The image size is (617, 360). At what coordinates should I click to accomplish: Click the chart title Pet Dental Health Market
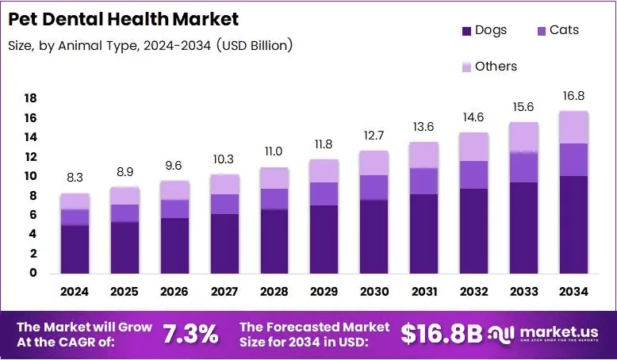pos(123,18)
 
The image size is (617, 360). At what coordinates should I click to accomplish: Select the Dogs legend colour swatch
pos(466,31)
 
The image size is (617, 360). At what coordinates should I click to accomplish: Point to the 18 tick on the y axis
pos(29,98)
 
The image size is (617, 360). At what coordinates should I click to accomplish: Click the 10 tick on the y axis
pos(29,176)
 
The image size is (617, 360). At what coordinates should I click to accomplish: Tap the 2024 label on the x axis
pos(75,291)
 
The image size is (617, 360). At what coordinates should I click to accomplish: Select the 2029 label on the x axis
pos(324,291)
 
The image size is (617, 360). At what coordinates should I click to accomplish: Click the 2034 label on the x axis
pos(573,291)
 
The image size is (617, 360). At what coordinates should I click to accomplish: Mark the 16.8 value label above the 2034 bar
pos(573,97)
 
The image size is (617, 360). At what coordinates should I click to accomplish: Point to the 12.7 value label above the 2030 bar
pos(374,136)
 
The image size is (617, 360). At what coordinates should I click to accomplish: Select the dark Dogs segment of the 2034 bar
pos(573,225)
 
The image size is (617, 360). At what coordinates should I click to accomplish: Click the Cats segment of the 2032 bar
pos(473,174)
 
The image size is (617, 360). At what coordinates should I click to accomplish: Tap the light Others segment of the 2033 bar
pos(523,137)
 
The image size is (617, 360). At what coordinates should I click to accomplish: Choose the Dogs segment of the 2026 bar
pos(174,246)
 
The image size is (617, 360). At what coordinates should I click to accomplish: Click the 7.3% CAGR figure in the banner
pos(190,334)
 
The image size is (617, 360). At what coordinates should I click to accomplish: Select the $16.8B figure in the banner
pos(441,334)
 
